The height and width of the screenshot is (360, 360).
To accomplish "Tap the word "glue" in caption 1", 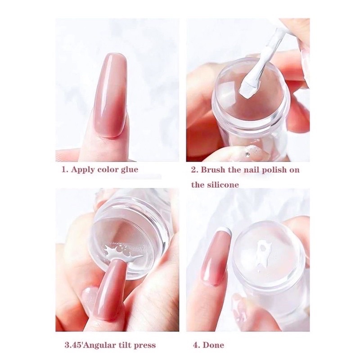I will [x=129, y=170].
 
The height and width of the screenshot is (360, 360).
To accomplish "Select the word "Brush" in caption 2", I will [x=213, y=170].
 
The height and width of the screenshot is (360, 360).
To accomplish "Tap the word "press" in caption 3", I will [x=144, y=346].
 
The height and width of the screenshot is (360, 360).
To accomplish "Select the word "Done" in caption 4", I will [x=214, y=346].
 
